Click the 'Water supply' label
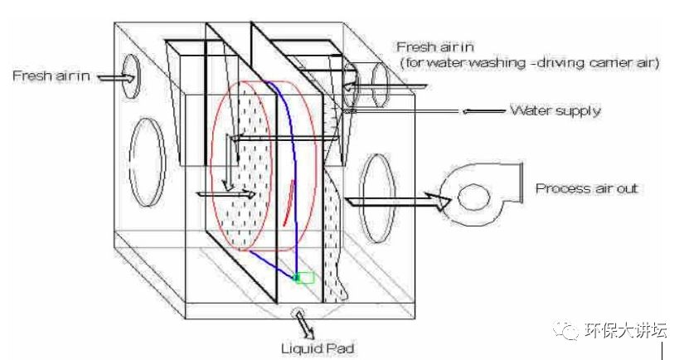point(555,109)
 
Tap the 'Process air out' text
point(586,189)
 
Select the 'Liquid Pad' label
point(318,349)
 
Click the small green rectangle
point(304,278)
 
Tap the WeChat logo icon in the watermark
point(569,331)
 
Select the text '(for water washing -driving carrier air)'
point(528,63)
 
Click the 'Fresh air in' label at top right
point(434,47)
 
